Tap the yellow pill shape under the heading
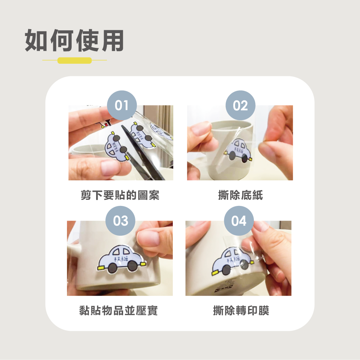(75, 60)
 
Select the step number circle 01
(122, 105)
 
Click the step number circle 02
(240, 105)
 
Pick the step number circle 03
(120, 221)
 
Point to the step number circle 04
(239, 221)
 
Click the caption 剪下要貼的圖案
(120, 195)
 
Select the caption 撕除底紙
(240, 195)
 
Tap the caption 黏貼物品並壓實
(118, 311)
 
